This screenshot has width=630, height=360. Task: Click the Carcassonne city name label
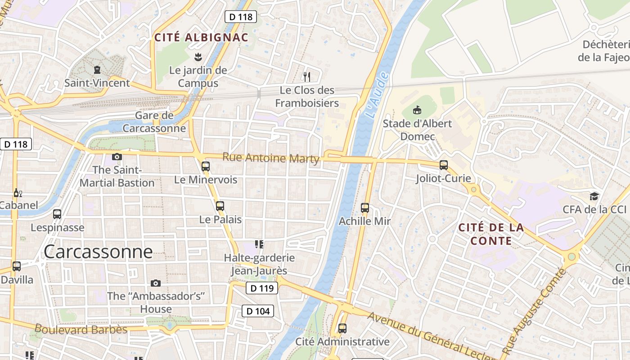coord(98,252)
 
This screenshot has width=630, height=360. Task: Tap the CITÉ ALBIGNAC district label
coord(201,37)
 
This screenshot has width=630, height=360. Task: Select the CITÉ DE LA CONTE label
coord(491,234)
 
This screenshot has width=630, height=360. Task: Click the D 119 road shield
coord(261,288)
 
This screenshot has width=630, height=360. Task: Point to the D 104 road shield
coord(258,311)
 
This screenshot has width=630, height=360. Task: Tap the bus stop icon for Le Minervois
coord(206,166)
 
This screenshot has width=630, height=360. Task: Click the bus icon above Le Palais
coord(220,206)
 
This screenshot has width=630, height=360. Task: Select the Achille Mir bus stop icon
coord(365,208)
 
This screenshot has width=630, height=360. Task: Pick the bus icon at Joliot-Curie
coord(444,165)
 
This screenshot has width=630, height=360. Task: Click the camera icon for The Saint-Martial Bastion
coord(117,157)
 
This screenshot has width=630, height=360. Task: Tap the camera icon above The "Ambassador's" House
coord(156,283)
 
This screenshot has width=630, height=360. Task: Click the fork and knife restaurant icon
coord(307,76)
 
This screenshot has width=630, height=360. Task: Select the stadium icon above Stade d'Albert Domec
coord(417,110)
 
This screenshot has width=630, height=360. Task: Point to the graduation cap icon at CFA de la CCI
coord(594,196)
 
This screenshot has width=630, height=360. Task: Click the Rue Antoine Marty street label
coord(271,158)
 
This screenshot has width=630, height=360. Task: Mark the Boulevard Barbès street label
coord(81,329)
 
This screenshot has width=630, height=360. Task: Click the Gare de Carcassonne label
coord(154,121)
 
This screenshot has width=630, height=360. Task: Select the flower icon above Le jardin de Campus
coord(198,57)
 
